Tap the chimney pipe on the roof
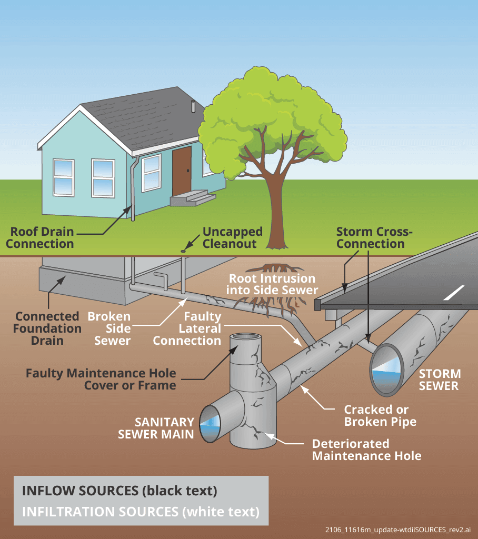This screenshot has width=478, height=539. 193,107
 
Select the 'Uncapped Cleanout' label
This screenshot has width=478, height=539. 232,237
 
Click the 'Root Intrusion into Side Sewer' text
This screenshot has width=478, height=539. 272,284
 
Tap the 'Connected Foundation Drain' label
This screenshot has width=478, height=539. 48,328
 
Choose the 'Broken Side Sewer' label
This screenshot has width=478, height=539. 108,328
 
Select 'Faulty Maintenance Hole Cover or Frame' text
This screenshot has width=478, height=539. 101,379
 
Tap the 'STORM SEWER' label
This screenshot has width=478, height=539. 440,380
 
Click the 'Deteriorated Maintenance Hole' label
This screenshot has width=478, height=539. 366,449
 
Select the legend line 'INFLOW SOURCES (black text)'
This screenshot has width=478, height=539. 119,491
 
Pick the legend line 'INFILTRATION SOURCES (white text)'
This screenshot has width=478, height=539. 141,511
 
